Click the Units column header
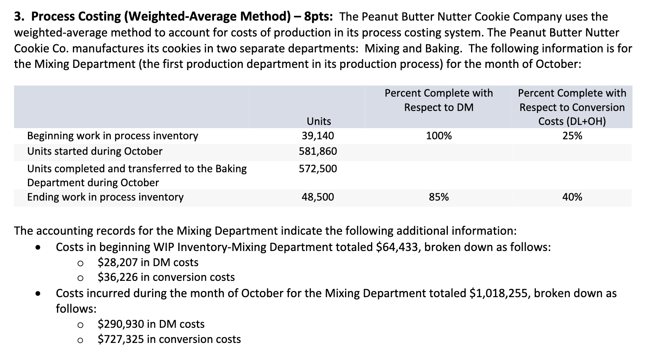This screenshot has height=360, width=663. [x=319, y=121]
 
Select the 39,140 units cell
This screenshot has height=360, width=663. [x=318, y=136]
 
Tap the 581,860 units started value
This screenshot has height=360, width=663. [x=318, y=151]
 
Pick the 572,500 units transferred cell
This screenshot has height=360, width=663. [x=318, y=169]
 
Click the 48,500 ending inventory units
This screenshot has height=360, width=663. [x=318, y=197]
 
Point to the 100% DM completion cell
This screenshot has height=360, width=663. [x=439, y=136]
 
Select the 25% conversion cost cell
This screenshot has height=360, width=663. [x=572, y=136]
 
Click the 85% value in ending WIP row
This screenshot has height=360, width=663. [x=439, y=197]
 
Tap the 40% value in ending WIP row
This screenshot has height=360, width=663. [x=572, y=197]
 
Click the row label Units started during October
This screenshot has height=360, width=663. [x=95, y=151]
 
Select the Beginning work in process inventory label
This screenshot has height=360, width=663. [x=112, y=136]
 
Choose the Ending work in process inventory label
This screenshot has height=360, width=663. [x=105, y=197]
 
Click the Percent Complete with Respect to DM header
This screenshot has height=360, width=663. [x=439, y=100]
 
